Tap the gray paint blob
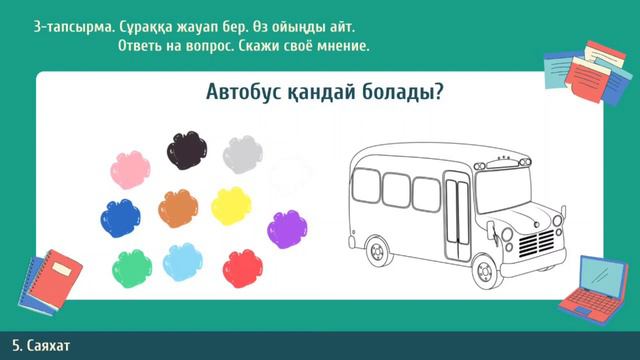tap(242, 153)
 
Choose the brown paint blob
tap(177, 207)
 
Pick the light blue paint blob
tap(183, 262)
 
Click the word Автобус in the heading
tap(243, 93)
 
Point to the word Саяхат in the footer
tap(53, 346)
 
